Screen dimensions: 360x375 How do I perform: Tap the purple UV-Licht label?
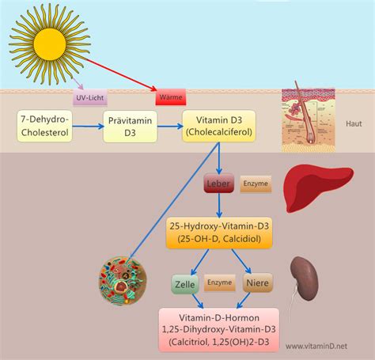[x=89, y=99]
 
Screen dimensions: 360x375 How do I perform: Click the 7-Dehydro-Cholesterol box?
[x=46, y=126]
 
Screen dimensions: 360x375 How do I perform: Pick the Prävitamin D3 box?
[x=131, y=126]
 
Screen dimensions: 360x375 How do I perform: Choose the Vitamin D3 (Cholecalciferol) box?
[x=219, y=126]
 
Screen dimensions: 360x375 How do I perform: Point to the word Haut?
[x=354, y=124]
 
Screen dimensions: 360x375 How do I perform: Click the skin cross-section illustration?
[x=309, y=119]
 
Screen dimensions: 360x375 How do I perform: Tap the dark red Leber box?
[x=221, y=184]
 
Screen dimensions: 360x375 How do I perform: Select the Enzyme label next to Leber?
[x=256, y=184]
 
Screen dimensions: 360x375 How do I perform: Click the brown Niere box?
[x=257, y=282]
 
